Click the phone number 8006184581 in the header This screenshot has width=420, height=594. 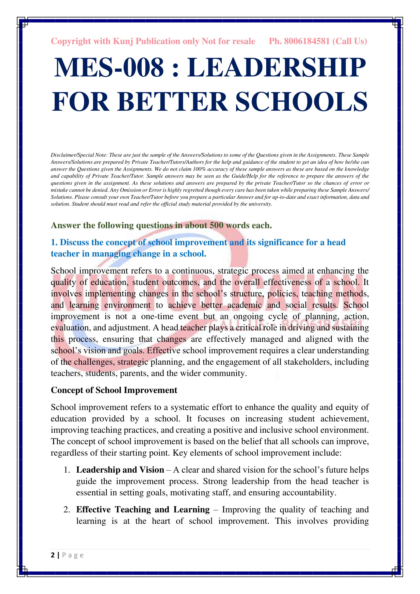pos(307,41)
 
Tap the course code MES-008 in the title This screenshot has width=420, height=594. pos(109,68)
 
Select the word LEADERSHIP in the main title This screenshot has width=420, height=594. pos(277,68)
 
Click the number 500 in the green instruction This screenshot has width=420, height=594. pos(216,226)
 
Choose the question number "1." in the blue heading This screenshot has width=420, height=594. pos(54,243)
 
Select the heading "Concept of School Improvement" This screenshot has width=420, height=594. pos(114,390)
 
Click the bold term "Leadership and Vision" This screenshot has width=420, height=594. pos(120,470)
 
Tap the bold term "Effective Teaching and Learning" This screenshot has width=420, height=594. pos(143,510)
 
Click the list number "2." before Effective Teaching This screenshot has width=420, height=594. pos(67,510)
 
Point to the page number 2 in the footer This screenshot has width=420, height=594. pos(53,555)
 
